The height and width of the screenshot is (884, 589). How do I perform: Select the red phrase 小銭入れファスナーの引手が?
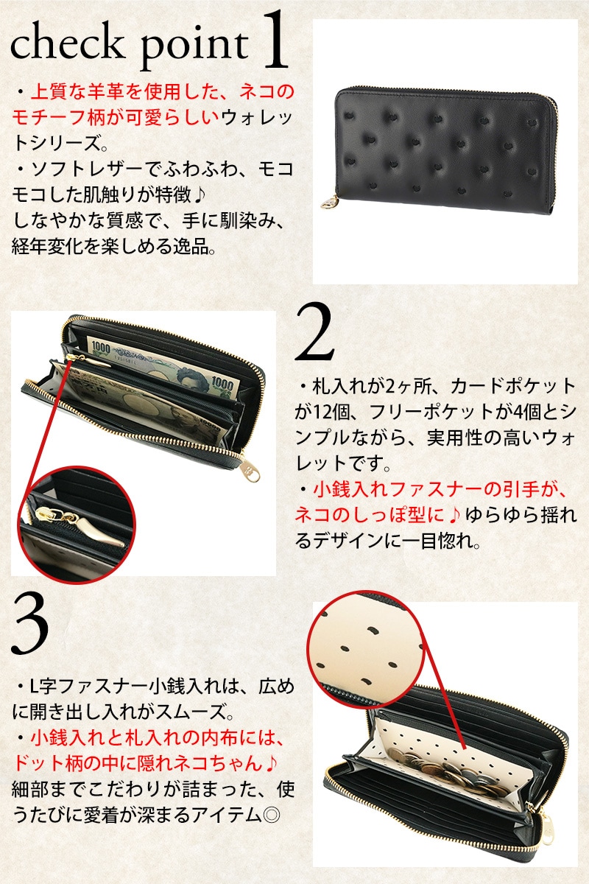[x=439, y=491]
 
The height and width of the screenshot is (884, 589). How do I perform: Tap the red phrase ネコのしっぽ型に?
[x=370, y=516]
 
